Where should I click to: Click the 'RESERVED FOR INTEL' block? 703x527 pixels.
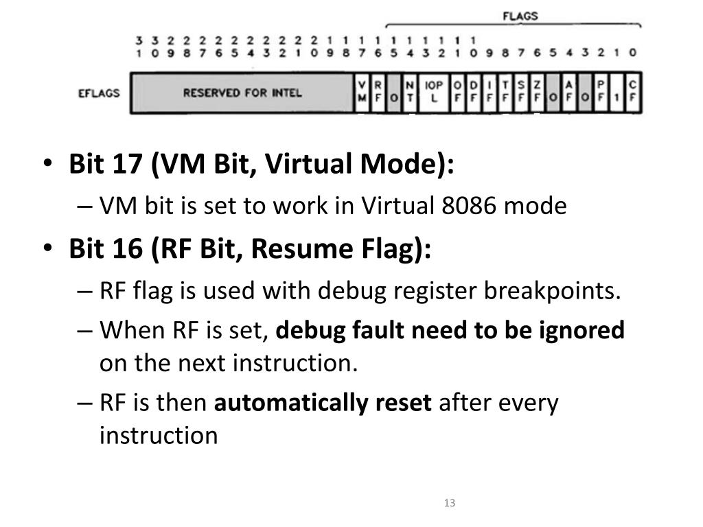click(x=242, y=93)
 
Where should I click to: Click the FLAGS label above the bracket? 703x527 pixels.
click(x=520, y=16)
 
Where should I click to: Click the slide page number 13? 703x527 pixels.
click(x=450, y=504)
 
